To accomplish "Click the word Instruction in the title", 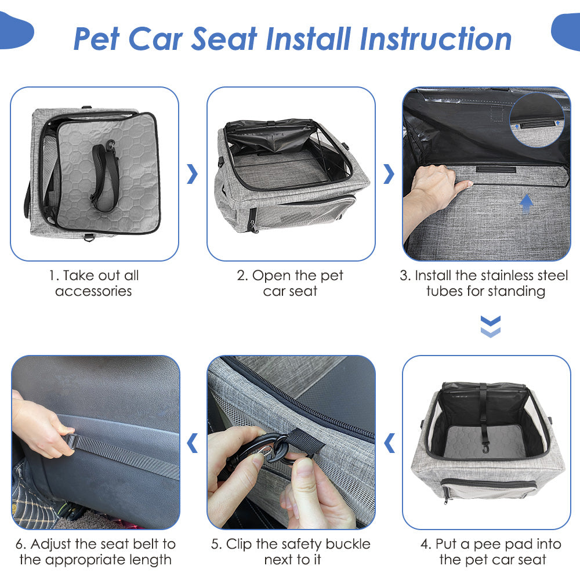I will coord(436,39).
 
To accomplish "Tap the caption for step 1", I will coord(93,283).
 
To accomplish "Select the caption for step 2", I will coord(290,283).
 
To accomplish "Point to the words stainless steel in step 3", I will coord(517,275).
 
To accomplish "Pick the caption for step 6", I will coord(96,552).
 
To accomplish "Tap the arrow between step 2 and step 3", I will coord(389,174).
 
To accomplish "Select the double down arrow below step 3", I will coord(490,327).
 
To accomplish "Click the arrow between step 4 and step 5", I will coord(389,443).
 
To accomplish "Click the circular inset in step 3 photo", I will coord(536,119).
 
